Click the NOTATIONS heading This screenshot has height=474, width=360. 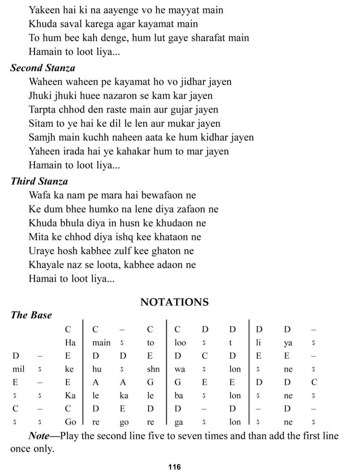174,302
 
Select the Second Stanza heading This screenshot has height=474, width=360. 43,68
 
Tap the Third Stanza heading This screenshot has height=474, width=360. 39,181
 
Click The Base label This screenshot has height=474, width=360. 32,315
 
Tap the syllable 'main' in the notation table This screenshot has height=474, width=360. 101,343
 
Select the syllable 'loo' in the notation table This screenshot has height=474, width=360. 180,343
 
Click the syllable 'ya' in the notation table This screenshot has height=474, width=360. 288,343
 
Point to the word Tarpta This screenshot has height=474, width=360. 43,110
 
